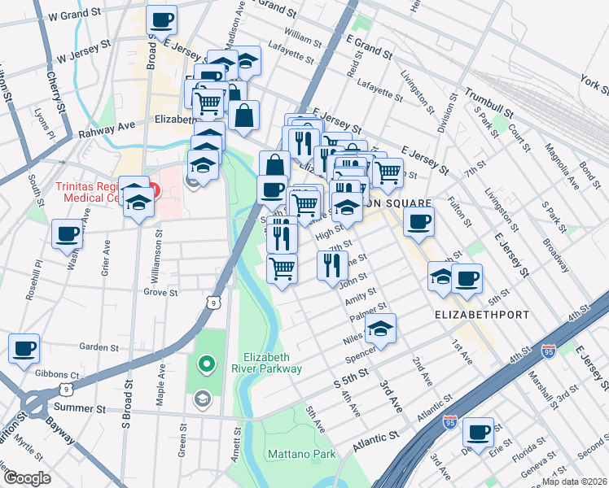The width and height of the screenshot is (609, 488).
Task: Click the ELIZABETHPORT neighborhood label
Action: pyautogui.click(x=482, y=314)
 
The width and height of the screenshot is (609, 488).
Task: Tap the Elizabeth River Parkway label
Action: pyautogui.click(x=273, y=363)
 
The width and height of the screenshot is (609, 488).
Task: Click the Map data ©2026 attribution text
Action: pyautogui.click(x=574, y=481)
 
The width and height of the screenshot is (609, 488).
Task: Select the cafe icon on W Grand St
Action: pyautogui.click(x=161, y=19)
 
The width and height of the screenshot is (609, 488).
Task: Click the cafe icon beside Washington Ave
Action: pyautogui.click(x=67, y=233)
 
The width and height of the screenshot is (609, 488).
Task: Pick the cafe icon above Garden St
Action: pyautogui.click(x=24, y=348)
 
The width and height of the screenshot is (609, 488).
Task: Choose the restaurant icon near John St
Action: pyautogui.click(x=332, y=265)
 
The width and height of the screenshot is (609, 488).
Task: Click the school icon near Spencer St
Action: pyautogui.click(x=380, y=329)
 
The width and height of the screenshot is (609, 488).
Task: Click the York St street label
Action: pyautogui.click(x=592, y=84)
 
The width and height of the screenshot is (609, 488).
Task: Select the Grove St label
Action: pyautogui.click(x=160, y=292)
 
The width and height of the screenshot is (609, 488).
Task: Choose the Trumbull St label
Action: pyautogui.click(x=489, y=102)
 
